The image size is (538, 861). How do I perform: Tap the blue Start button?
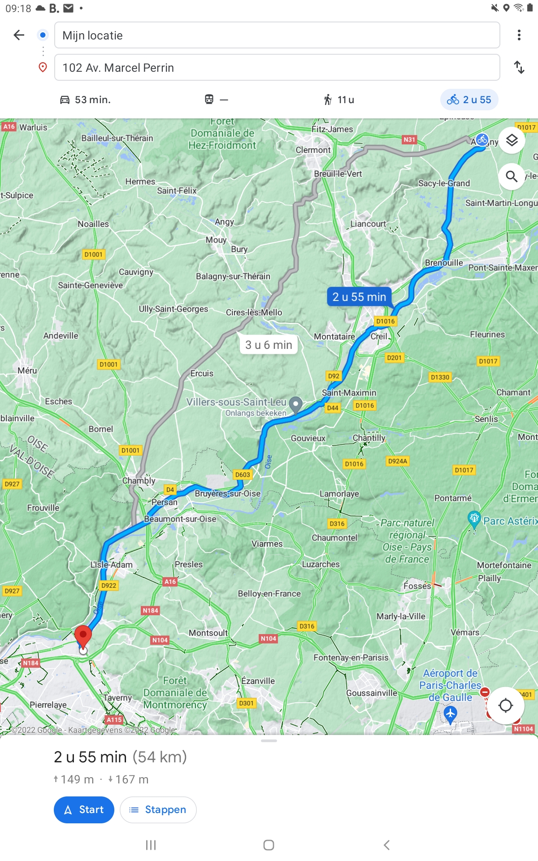pos(84,809)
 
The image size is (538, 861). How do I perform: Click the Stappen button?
pos(158,809)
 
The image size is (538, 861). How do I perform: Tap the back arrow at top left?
pos(19,35)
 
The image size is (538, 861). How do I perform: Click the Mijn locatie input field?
pos(277,35)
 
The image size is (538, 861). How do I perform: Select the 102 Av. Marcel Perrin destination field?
pos(277,68)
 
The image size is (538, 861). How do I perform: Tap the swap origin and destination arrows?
pos(519,68)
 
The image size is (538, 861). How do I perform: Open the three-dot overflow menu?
pos(519,35)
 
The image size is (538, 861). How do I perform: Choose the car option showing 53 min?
pos(85,100)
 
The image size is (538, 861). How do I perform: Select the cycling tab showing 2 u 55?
pos(469,100)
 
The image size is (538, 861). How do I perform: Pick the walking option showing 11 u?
pos(339,100)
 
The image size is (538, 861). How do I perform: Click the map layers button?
pos(512,140)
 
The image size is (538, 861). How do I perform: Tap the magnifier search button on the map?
pos(512,176)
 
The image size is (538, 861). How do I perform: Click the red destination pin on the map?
pos(83,637)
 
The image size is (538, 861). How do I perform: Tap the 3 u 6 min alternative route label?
pos(269,345)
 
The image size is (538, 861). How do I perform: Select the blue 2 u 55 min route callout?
pos(359,297)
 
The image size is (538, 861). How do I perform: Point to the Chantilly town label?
pos(369,438)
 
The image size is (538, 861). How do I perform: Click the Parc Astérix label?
pos(510,521)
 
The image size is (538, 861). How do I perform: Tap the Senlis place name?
pos(486,419)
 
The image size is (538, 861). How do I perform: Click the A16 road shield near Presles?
pos(170,582)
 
